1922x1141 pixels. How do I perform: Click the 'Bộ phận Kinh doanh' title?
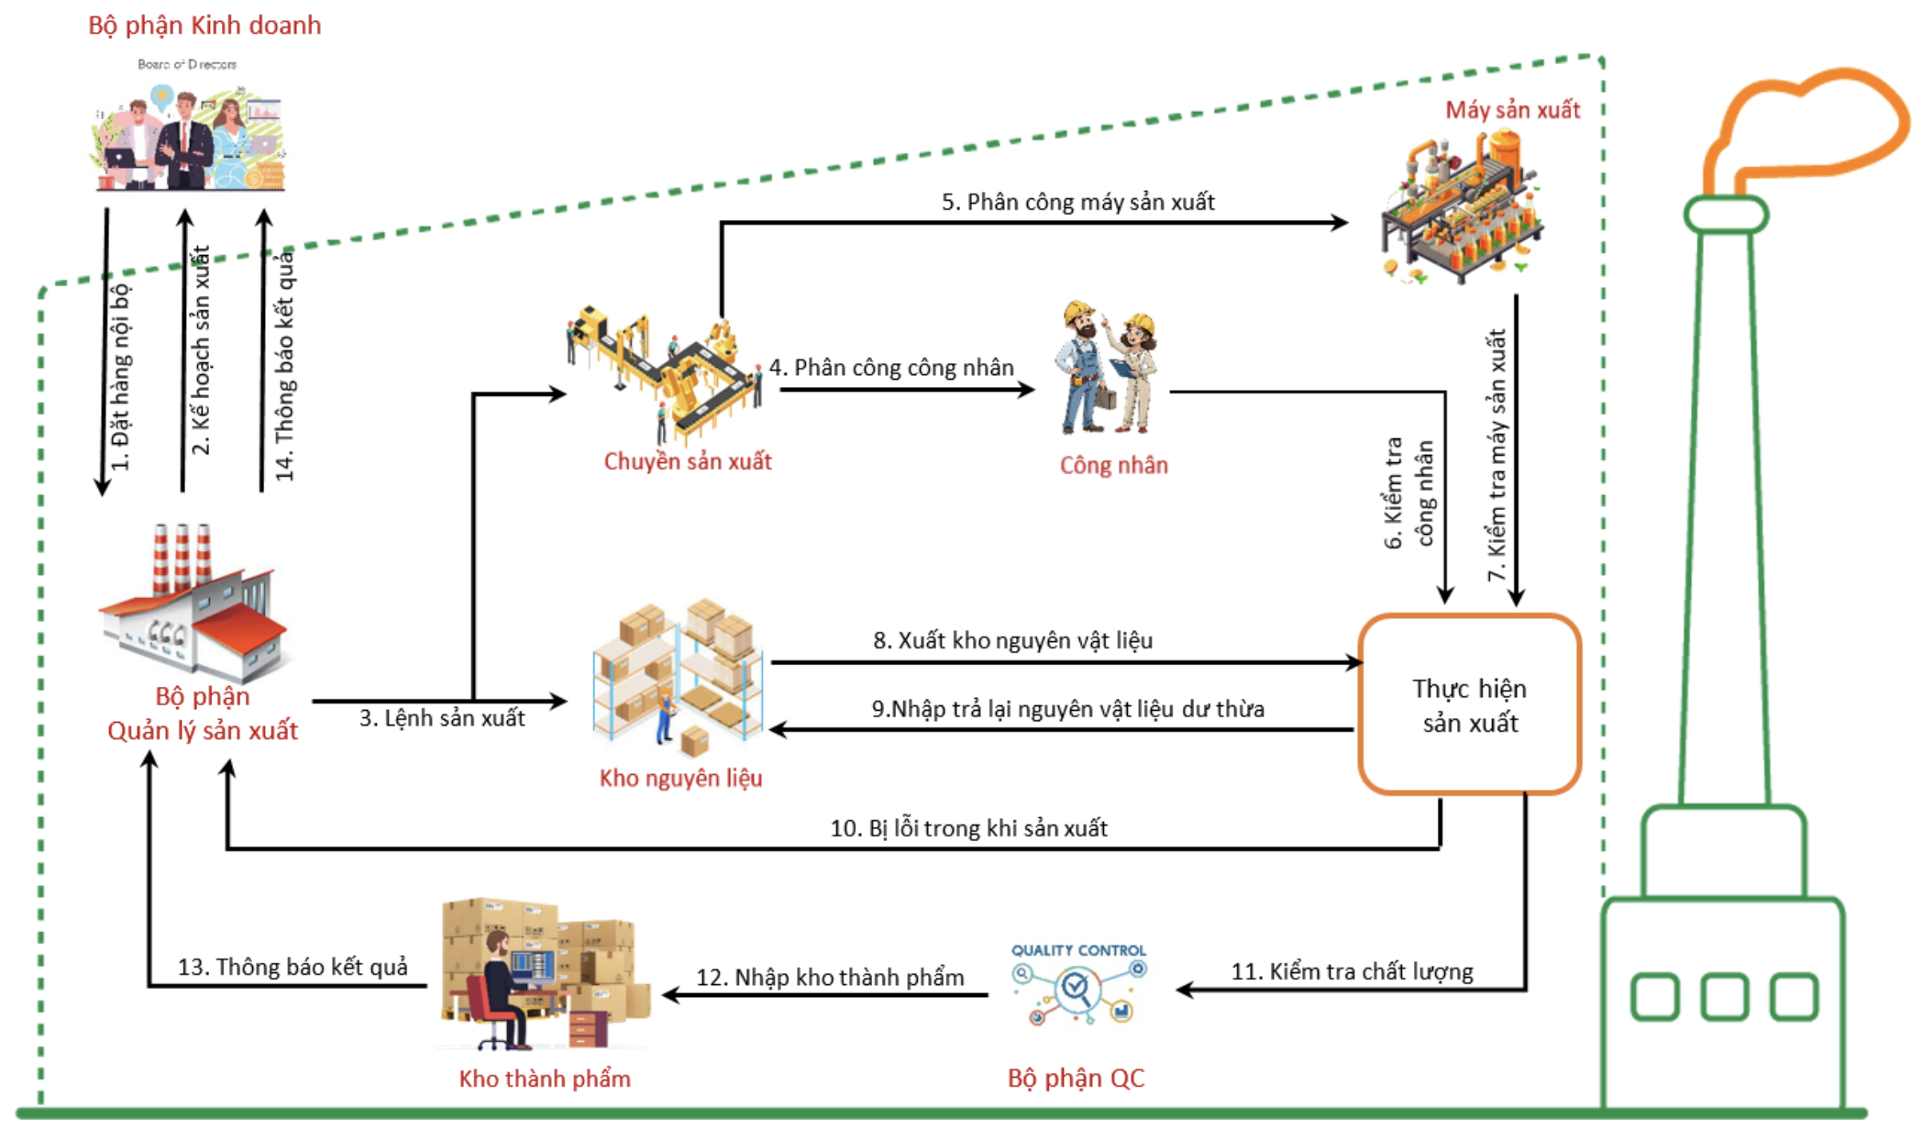[204, 26]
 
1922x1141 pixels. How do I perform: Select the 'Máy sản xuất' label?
[1513, 110]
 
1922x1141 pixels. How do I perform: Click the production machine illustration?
[1462, 207]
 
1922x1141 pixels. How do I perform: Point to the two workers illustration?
[1108, 367]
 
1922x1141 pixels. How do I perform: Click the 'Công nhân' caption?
[1114, 465]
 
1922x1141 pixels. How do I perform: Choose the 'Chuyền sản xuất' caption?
[688, 461]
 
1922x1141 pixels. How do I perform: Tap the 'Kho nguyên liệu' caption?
[680, 779]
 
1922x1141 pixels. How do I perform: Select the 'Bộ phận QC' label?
[1076, 1078]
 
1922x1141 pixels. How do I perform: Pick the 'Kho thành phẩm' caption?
[545, 1079]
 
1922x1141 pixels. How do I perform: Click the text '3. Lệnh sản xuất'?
[442, 718]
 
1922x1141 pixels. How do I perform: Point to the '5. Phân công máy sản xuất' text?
[1077, 202]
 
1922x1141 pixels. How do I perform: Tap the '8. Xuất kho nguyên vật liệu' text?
[1012, 640]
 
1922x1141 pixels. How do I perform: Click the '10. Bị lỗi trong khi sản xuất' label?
[968, 828]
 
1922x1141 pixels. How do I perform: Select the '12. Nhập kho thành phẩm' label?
[830, 978]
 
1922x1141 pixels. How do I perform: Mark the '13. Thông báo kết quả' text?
[293, 968]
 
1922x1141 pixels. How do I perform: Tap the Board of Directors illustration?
[188, 128]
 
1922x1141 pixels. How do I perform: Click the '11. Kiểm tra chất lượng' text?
[1352, 971]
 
